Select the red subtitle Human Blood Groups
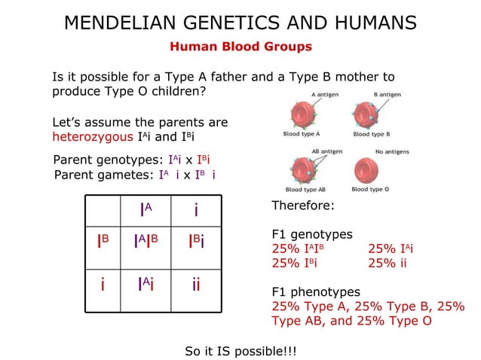click(240, 47)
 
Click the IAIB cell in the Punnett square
click(146, 241)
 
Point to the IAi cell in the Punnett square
click(146, 285)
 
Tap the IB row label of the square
click(103, 241)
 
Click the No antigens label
click(392, 151)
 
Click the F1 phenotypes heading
click(315, 292)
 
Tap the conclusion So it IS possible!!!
click(240, 351)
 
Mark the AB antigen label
click(326, 151)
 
